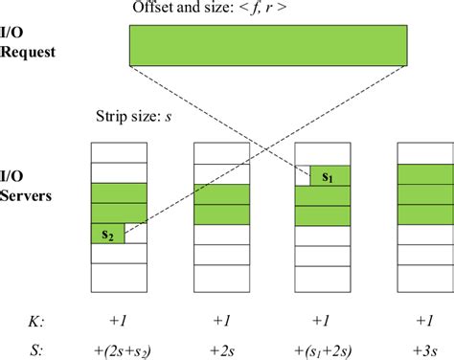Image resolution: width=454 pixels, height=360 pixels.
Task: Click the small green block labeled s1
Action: tap(328, 176)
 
